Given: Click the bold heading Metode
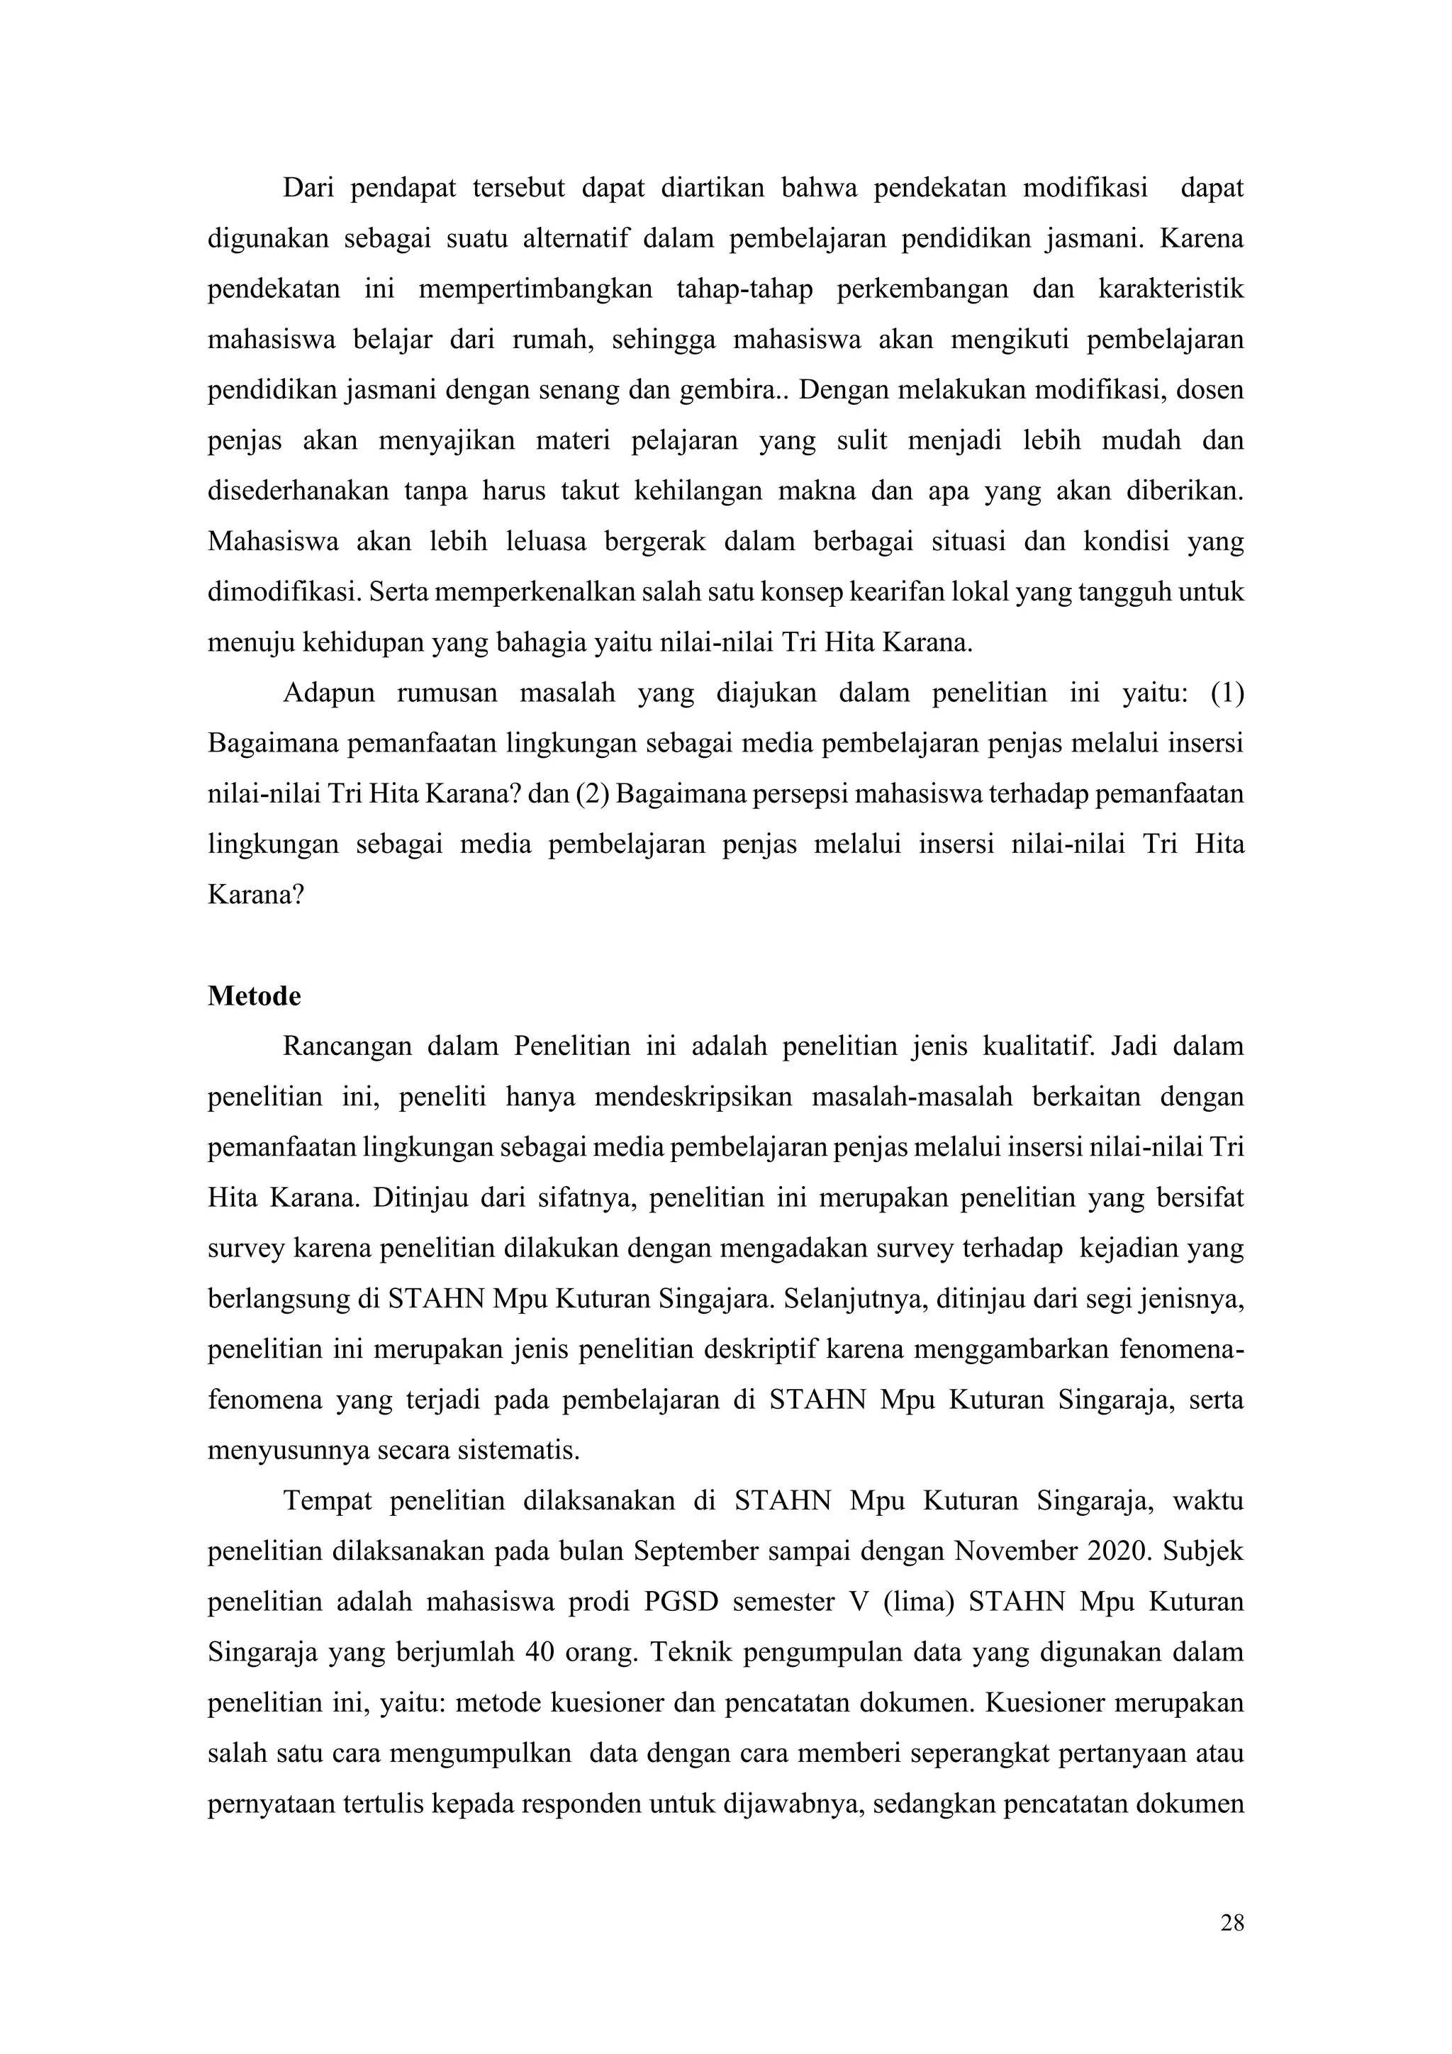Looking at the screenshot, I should [254, 997].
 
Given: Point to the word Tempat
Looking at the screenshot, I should [328, 1500].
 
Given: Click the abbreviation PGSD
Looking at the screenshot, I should [681, 1602].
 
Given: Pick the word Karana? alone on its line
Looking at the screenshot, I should [257, 895].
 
